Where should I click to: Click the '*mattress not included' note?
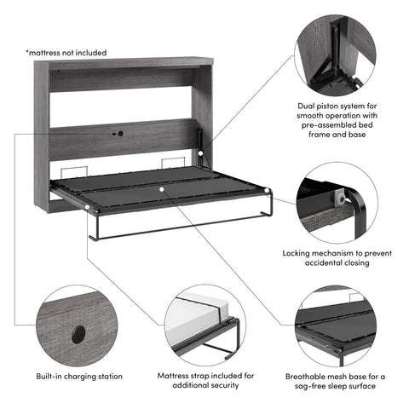[x=66, y=53]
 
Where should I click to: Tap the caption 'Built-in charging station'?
[x=79, y=376]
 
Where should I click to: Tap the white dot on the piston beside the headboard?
[x=201, y=153]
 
